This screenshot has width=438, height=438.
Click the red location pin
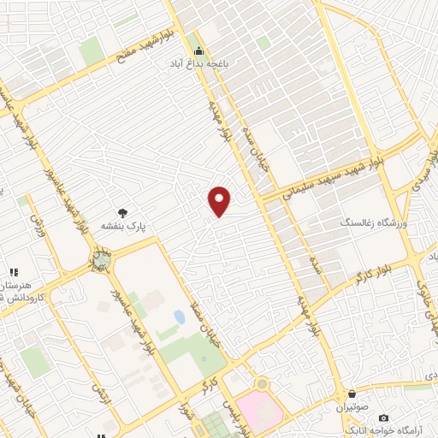(x=221, y=200)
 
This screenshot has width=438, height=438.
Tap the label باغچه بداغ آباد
(x=199, y=62)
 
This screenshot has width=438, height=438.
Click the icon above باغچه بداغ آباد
(x=199, y=50)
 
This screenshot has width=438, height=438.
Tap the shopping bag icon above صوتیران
(x=353, y=395)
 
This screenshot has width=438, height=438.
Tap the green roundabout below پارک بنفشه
(x=101, y=259)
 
